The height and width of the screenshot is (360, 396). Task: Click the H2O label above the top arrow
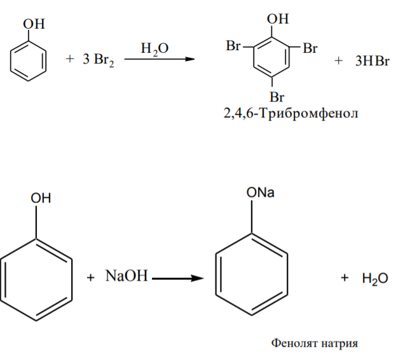pos(154,49)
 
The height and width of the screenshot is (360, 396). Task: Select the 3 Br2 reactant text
pos(99,60)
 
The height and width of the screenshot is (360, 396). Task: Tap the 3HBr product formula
pos(372,61)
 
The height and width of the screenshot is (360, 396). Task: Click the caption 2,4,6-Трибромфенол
pos(290,113)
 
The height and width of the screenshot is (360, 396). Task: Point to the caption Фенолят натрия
pos(315,343)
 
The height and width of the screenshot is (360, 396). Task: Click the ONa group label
pos(260,193)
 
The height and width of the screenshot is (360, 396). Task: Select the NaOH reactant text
pos(126,276)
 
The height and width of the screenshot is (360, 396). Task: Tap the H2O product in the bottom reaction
pos(375,279)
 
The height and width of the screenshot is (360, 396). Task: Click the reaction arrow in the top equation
pos(160,59)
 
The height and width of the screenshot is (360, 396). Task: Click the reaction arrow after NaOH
pos(178,279)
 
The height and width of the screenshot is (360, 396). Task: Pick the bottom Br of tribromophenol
pos(277,97)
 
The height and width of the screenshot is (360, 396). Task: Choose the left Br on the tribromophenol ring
pos(233,46)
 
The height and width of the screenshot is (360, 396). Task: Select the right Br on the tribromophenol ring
pos(310,48)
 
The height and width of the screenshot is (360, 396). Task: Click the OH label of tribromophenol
pos(278,19)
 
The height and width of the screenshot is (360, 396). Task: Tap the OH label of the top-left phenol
pos(34,24)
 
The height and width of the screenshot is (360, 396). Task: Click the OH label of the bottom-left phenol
pos(41,198)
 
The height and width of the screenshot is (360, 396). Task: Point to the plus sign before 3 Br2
pos(70,59)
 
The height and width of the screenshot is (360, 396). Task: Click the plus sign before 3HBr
pos(338,61)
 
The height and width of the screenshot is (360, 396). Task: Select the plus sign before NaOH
pos(90,277)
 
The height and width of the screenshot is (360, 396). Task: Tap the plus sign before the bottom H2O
pos(345,277)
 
